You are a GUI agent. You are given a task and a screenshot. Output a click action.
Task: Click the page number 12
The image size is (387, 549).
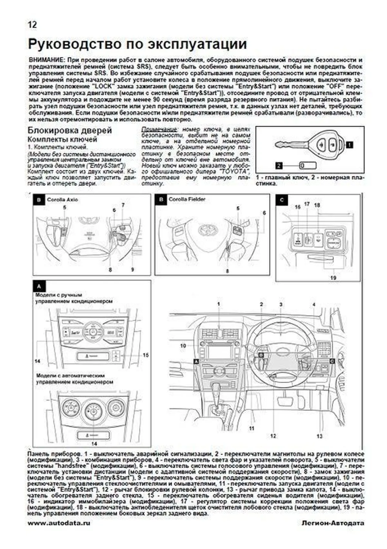click(32, 24)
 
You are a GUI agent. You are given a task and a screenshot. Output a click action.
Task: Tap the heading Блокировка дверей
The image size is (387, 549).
click(70, 130)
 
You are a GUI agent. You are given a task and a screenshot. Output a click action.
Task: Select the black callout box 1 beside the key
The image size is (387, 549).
click(349, 145)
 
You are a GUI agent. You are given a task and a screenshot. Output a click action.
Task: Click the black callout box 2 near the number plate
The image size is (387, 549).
click(279, 166)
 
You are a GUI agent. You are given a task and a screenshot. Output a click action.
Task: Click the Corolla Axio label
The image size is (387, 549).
click(62, 200)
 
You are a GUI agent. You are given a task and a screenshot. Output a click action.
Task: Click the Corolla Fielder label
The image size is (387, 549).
click(187, 199)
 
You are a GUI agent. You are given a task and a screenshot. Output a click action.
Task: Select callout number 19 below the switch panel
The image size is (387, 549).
click(333, 278)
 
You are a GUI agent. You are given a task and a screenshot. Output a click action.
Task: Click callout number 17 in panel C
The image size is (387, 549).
click(307, 204)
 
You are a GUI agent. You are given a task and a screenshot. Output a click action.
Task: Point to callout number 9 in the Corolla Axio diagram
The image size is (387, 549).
click(132, 270)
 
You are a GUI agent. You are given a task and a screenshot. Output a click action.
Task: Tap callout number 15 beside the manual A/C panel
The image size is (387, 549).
click(145, 355)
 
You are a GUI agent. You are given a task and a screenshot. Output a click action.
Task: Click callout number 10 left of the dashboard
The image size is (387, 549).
click(183, 346)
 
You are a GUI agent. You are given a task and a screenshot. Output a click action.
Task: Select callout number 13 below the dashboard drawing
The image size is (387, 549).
click(319, 436)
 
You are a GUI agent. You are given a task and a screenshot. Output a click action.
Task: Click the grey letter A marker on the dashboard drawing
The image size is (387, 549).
click(196, 362)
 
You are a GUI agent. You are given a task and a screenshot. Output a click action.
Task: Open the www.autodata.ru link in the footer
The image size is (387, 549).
click(59, 523)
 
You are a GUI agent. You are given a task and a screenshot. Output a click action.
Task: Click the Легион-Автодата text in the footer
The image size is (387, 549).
click(333, 523)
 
